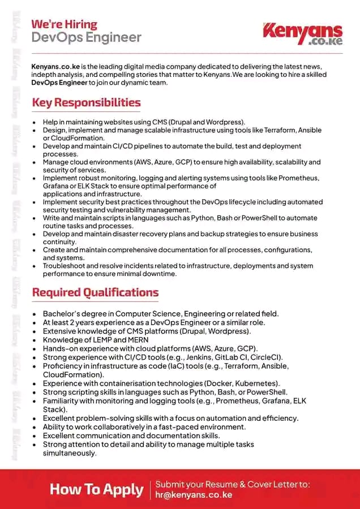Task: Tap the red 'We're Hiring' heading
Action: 64,24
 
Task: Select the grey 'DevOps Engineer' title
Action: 86,38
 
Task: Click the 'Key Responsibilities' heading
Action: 86,102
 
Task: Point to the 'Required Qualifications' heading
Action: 95,292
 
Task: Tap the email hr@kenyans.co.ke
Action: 194,494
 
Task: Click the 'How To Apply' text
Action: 96,489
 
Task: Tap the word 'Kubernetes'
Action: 253,383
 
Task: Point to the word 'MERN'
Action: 136,340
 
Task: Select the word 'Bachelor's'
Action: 62,314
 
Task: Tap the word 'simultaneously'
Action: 70,453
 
